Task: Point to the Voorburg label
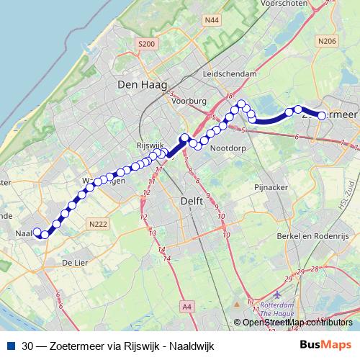click(191, 102)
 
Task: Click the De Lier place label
click(75, 263)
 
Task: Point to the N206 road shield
click(326, 42)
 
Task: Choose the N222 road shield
click(98, 225)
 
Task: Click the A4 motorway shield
click(187, 307)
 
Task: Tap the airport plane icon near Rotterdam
click(279, 294)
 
